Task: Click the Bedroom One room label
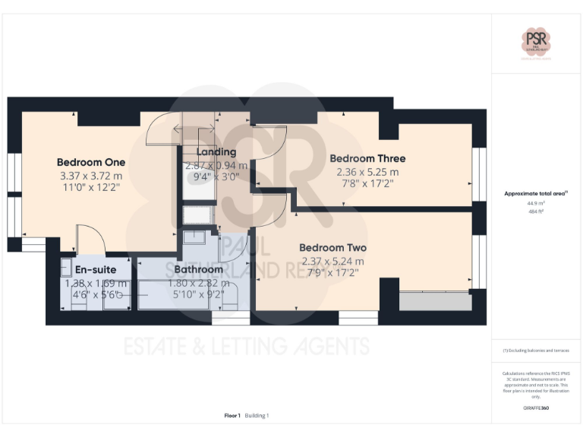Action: click(91, 162)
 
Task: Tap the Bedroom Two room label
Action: click(332, 248)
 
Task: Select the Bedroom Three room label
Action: click(367, 158)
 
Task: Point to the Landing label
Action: click(216, 152)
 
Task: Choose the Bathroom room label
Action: click(199, 269)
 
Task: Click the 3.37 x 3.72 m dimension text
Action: click(91, 176)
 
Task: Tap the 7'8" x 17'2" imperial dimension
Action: click(367, 185)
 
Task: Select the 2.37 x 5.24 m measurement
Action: click(332, 261)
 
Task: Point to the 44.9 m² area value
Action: click(536, 203)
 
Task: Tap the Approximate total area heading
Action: click(536, 194)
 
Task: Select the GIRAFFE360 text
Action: click(536, 408)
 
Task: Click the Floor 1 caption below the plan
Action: click(232, 415)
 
